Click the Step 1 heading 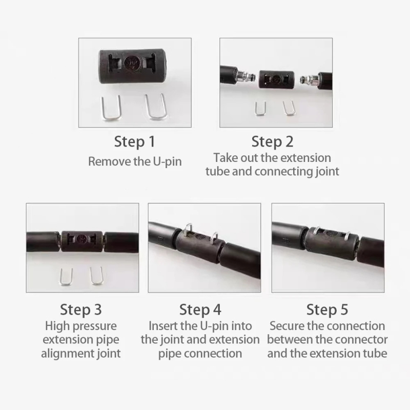pos(135,142)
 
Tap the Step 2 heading pos(272,142)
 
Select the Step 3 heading pos(81,310)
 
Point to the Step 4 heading pos(200,310)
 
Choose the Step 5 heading pos(327,310)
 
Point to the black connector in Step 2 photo pos(276,79)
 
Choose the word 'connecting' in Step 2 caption pos(283,172)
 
